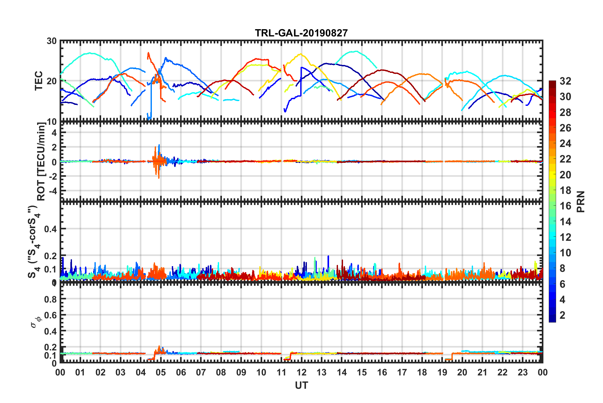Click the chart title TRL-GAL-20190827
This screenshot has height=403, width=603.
301,33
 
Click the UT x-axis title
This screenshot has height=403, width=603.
301,385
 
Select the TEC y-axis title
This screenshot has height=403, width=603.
39,81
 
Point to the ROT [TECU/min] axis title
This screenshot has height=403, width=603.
41,162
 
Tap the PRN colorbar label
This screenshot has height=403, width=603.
581,201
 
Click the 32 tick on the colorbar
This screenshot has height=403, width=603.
565,81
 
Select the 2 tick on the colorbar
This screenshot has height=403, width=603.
563,315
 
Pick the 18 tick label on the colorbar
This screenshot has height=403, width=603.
565,190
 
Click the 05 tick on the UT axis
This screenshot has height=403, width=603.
161,372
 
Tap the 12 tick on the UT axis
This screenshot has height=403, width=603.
301,372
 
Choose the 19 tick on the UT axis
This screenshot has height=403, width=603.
442,372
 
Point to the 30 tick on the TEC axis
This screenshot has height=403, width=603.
52,41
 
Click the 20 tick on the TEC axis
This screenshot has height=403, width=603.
52,81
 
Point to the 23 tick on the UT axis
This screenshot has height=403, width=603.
522,372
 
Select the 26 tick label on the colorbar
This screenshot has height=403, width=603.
565,128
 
